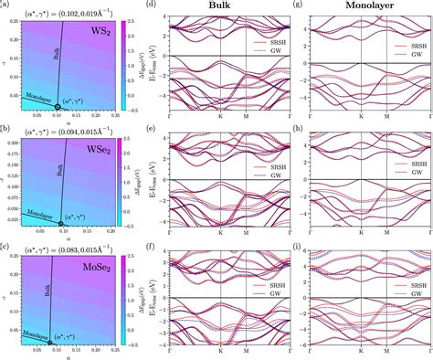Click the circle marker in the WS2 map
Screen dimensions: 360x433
pos(58,107)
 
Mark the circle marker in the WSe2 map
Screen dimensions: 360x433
pos(60,223)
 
